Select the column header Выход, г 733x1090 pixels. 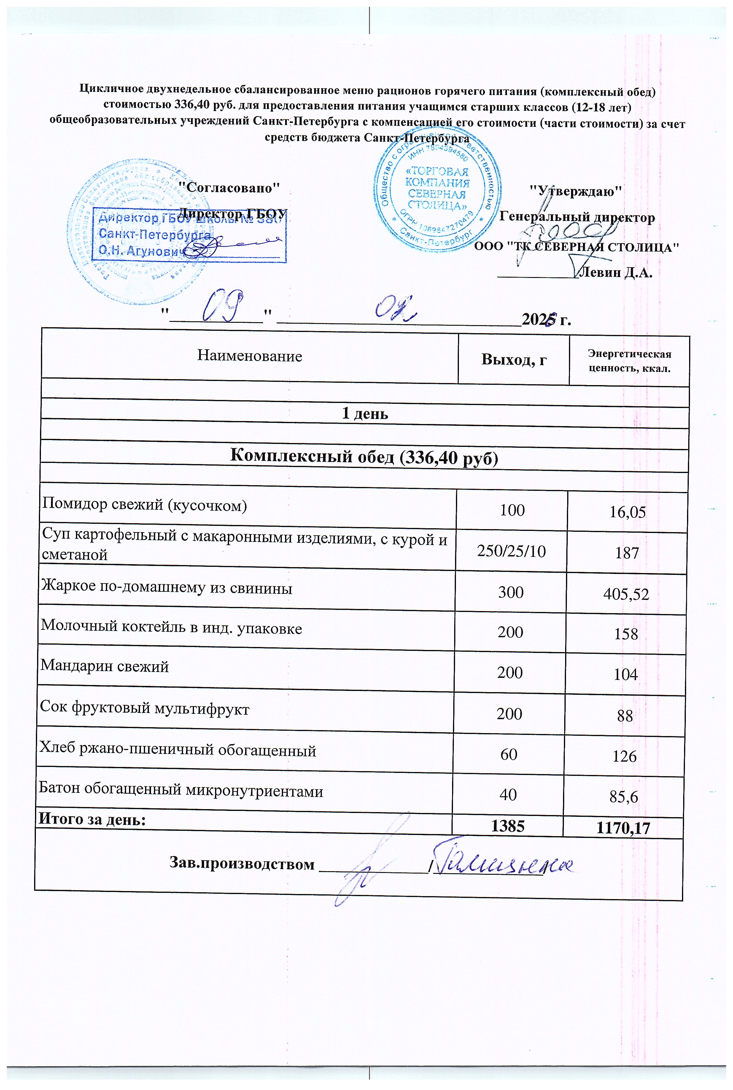(514, 359)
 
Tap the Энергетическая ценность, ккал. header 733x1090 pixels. (629, 361)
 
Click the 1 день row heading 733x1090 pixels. (365, 414)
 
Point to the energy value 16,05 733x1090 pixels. (627, 512)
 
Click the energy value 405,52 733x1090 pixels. (626, 594)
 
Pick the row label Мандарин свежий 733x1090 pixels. (105, 666)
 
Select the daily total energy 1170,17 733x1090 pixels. (623, 828)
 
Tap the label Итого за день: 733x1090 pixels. (92, 819)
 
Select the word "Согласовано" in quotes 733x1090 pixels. (230, 188)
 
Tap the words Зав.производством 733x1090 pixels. (242, 863)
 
